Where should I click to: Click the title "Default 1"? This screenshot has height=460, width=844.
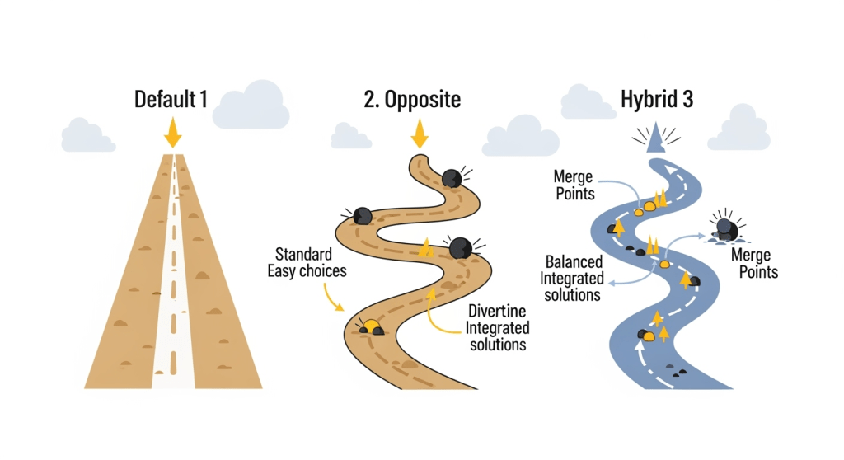point(171,101)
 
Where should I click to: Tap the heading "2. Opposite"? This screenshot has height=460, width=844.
point(411,101)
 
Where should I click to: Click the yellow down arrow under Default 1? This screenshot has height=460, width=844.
point(172,133)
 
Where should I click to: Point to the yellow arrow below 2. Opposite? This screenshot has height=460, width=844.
point(420,133)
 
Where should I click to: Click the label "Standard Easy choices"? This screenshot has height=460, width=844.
point(307,262)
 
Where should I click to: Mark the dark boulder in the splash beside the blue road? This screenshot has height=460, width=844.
point(725,228)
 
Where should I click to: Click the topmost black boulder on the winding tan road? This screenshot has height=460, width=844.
point(451,178)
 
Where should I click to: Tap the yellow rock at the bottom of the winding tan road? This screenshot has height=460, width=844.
point(372,326)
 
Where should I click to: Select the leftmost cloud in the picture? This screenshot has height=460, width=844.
point(87,136)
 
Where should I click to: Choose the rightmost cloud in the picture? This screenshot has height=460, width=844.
point(738,130)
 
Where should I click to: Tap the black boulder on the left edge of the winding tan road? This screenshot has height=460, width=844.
point(363,216)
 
